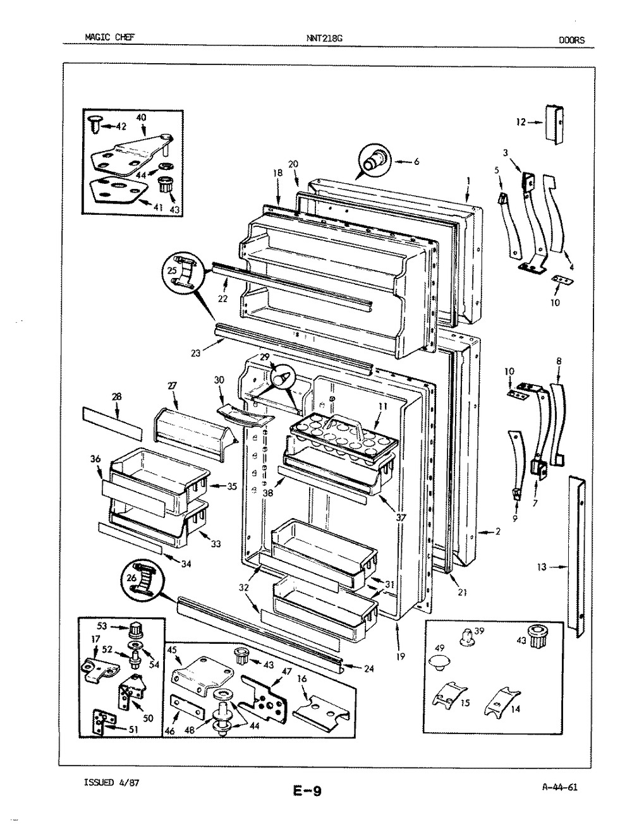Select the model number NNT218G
point(324,38)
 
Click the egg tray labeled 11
point(344,438)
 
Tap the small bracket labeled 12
point(554,124)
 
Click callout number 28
point(116,397)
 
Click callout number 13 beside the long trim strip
point(542,577)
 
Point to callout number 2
point(497,531)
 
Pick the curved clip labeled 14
point(501,701)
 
